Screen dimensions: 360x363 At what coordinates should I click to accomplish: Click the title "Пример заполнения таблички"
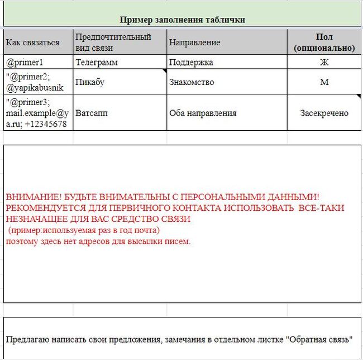tap(183, 20)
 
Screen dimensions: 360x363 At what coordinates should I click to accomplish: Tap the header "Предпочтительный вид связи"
tap(113, 42)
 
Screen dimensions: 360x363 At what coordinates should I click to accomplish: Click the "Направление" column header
tap(195, 42)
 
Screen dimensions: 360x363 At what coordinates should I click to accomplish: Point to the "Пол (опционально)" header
tap(324, 42)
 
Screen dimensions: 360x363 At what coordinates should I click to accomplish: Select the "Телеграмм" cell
tap(97, 62)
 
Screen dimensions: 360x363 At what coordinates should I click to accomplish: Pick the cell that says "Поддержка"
tap(191, 62)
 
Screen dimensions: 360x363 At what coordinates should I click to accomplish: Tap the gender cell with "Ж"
tap(324, 62)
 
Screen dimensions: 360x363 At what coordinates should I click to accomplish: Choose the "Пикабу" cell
tap(90, 82)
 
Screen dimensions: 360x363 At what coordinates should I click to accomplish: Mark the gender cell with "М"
tap(324, 82)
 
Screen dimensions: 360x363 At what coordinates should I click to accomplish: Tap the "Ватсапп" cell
tap(92, 113)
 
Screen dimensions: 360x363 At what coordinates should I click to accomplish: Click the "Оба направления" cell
tap(203, 113)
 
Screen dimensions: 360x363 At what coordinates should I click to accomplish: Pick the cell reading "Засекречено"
tap(324, 113)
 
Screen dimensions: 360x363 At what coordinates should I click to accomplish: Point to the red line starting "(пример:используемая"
tap(84, 230)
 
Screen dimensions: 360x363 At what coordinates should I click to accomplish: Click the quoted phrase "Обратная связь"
tap(319, 339)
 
